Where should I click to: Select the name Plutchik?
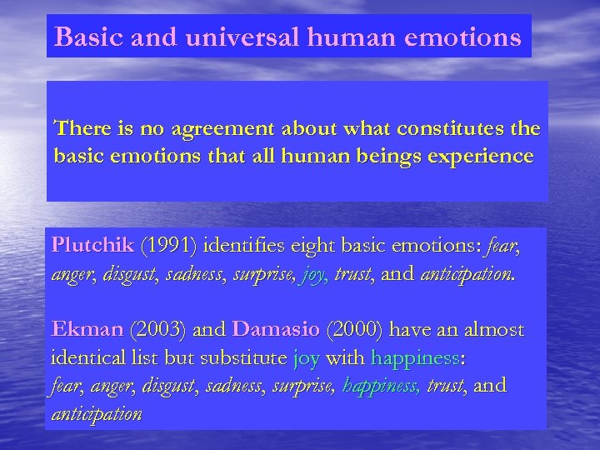tap(92, 246)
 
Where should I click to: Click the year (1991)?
tap(169, 246)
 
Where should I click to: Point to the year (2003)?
tap(159, 331)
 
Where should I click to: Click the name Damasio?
tap(276, 331)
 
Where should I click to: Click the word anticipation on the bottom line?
tap(97, 414)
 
